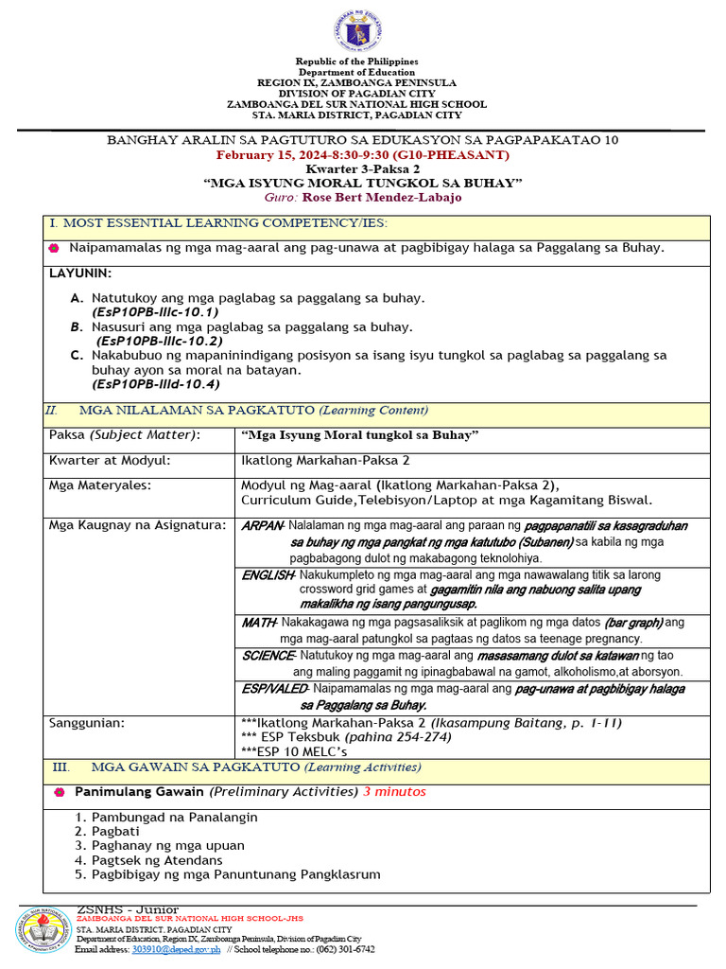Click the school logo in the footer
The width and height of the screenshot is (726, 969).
[41, 931]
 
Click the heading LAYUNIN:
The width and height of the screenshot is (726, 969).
[80, 273]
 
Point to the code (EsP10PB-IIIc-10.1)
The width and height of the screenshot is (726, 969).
[155, 311]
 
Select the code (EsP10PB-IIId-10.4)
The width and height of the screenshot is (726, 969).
[155, 384]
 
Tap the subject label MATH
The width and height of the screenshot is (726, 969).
[257, 623]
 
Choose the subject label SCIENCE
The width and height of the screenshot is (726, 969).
[268, 656]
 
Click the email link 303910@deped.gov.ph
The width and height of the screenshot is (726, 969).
[176, 949]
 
